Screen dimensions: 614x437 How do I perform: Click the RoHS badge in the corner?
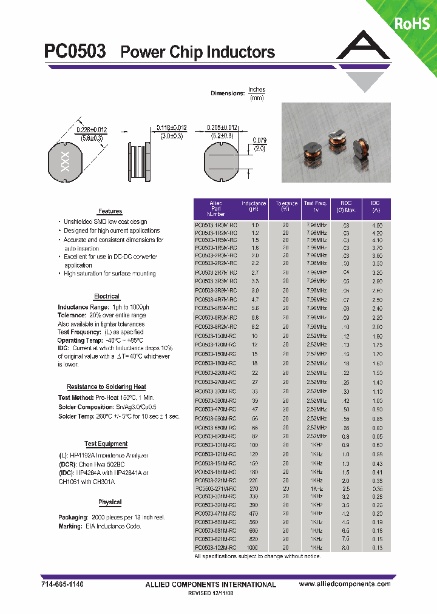pos(412,23)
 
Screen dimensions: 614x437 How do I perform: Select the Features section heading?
pos(110,211)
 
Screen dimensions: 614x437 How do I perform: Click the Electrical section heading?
pos(107,296)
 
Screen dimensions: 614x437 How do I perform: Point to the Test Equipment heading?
pos(106,444)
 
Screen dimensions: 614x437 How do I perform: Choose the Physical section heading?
pos(110,502)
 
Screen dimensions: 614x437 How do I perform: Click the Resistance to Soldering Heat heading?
pos(106,386)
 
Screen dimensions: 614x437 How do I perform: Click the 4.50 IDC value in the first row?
pos(377,224)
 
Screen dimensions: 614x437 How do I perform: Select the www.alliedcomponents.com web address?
pos(345,584)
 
